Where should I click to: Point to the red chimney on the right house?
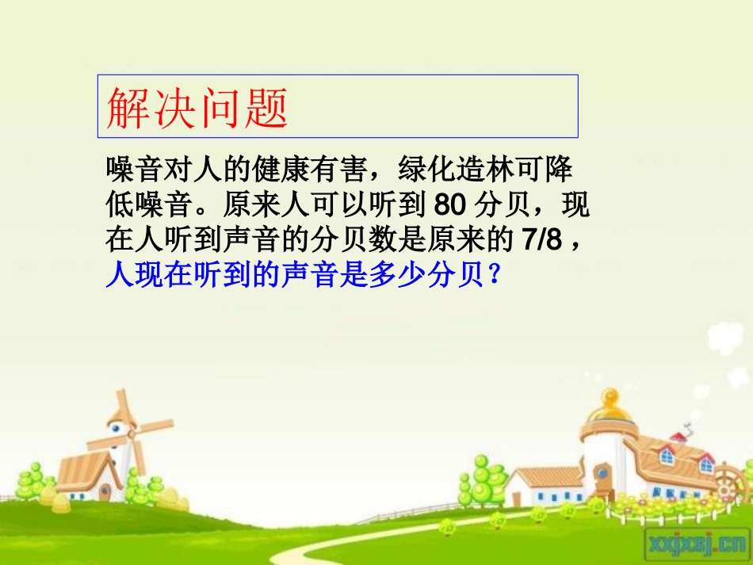click(679, 436)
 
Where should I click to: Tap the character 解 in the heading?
click(128, 108)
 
